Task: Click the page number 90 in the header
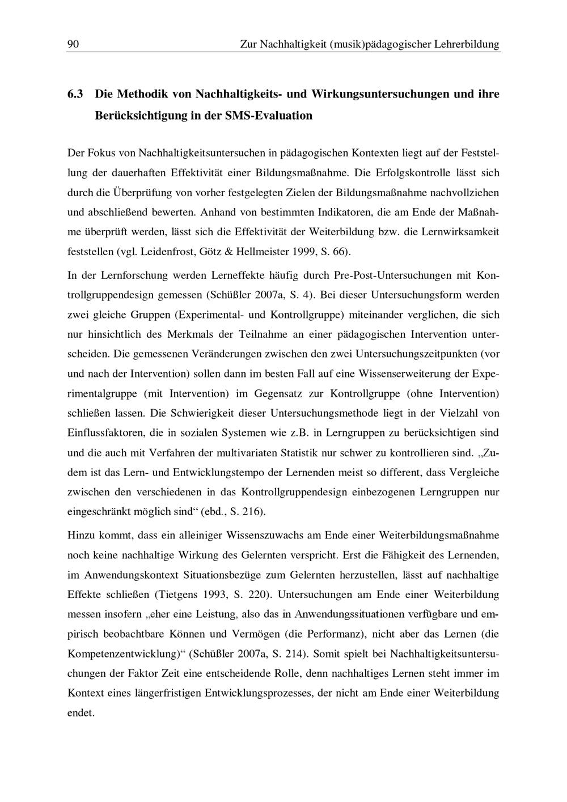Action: [73, 44]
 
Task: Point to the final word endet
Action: [81, 713]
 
